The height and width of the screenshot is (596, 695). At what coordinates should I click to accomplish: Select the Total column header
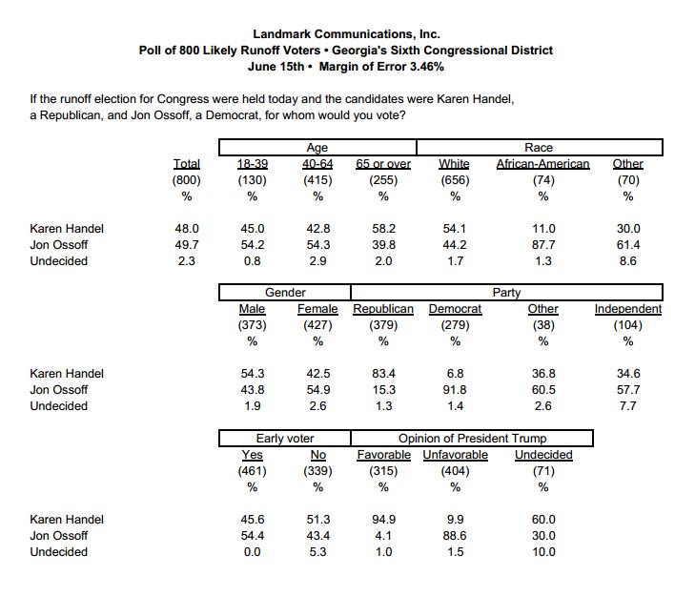[x=186, y=164]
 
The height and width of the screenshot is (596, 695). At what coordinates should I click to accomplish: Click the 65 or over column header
[x=382, y=164]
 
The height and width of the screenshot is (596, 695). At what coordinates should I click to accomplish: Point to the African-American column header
[x=542, y=164]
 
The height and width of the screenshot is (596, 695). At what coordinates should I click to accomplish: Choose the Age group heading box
[x=317, y=148]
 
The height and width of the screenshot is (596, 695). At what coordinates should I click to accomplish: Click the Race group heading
[x=539, y=148]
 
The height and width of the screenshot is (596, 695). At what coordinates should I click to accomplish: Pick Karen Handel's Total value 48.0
[x=186, y=229]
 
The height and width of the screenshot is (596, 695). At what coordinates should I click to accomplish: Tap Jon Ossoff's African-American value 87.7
[x=542, y=245]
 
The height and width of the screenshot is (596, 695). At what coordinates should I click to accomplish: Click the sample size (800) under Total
[x=186, y=180]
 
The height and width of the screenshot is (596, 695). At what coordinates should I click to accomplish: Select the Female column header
[x=317, y=309]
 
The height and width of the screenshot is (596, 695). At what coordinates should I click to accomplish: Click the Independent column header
[x=627, y=309]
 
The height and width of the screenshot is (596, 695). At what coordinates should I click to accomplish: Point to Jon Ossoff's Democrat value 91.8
[x=455, y=390]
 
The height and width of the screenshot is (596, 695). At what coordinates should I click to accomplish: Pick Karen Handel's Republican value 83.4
[x=382, y=374]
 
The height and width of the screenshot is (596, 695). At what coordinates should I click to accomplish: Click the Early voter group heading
[x=285, y=439]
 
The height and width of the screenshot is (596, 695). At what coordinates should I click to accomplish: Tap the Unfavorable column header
[x=455, y=455]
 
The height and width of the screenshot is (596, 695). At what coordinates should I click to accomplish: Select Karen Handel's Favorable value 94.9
[x=382, y=520]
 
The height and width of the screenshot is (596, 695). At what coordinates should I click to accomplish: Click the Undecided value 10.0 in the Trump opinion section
[x=542, y=552]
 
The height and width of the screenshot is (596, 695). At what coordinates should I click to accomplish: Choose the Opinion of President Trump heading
[x=473, y=439]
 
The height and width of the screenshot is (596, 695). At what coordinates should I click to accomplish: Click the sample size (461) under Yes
[x=252, y=471]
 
